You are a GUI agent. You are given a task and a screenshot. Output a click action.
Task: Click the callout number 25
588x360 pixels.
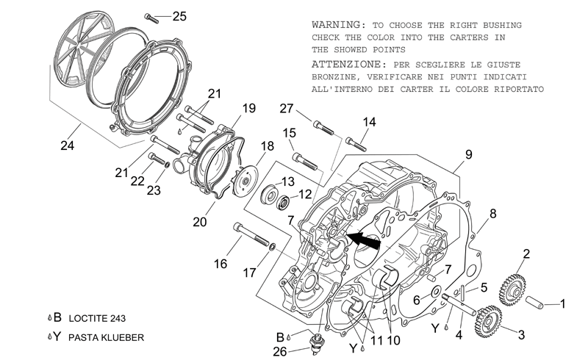(x=179, y=16)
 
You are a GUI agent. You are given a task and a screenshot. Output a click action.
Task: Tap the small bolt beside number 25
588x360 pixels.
(x=151, y=18)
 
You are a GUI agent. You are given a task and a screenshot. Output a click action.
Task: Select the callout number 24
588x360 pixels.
(x=67, y=145)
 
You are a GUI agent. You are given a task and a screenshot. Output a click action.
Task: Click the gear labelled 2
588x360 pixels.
(x=512, y=289)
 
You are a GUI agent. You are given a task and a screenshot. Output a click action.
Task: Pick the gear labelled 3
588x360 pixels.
(x=489, y=321)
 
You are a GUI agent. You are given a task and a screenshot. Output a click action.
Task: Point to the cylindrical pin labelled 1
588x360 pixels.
(x=534, y=303)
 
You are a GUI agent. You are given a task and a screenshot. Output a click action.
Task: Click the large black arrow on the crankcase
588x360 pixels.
(x=363, y=240)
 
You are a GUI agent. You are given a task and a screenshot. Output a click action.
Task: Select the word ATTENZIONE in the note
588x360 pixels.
(x=345, y=65)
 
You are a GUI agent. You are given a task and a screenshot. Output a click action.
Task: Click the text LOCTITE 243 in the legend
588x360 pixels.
(x=97, y=318)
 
